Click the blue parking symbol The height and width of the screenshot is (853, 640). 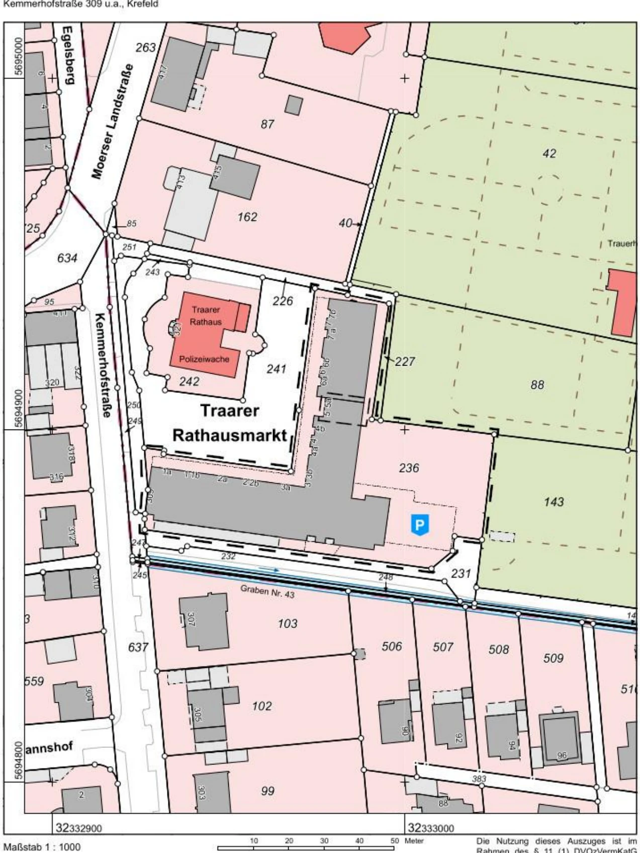coord(419,525)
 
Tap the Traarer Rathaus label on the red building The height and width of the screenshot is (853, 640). coord(206,315)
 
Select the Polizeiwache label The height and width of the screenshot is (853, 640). coord(204,359)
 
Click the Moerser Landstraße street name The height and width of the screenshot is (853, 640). coord(113,121)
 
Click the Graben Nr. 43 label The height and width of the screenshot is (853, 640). coord(267,591)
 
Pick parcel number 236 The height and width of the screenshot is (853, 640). coord(409,468)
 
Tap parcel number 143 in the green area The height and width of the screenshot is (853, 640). coord(554,501)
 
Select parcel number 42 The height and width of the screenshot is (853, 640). coord(550,153)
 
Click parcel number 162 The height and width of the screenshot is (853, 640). coord(247,217)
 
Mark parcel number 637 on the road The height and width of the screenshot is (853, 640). coord(138,647)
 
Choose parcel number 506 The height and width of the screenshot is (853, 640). coord(392,646)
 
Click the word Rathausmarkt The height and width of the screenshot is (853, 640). coord(230,435)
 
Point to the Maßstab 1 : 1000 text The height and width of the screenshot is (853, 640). coord(42,847)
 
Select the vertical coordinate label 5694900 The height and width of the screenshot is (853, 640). coord(19,407)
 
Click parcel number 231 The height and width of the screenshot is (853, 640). coord(461,573)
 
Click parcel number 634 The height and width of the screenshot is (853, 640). coord(67,258)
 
